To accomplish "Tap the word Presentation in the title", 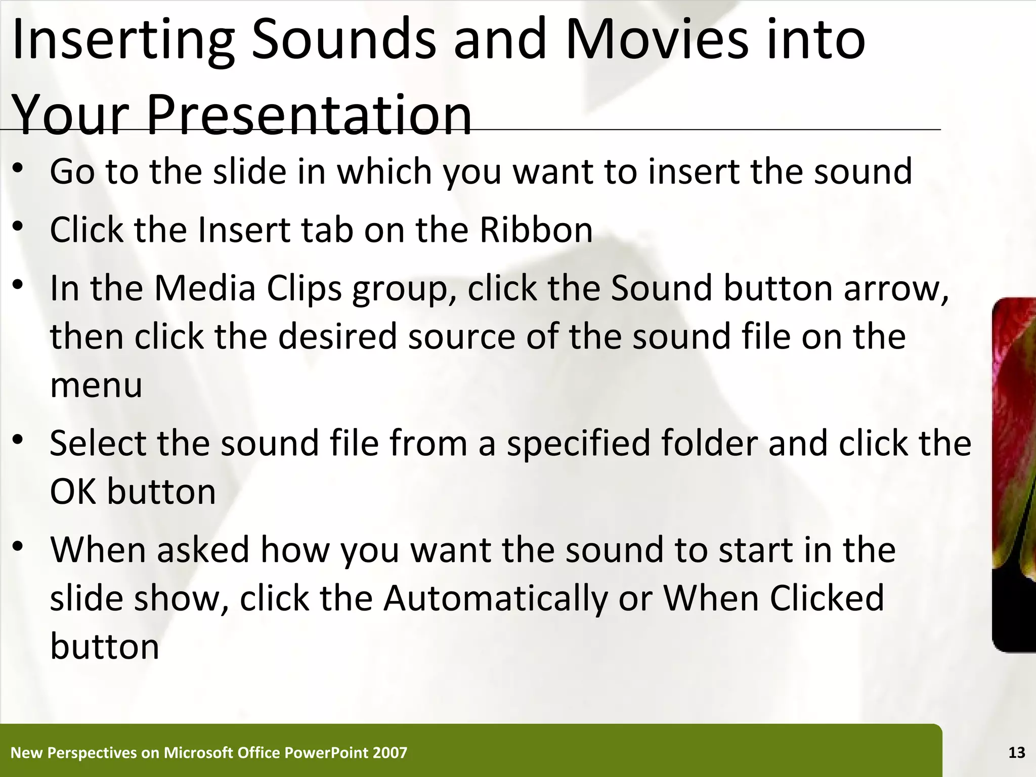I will click(309, 115).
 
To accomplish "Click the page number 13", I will click(1016, 753).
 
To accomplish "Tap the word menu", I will click(96, 385).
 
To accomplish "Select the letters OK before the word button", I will click(73, 492).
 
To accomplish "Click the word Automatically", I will click(495, 598).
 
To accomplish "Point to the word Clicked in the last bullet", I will click(827, 598).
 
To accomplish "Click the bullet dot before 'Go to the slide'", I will click(19, 171).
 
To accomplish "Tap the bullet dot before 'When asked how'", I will click(19, 547).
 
